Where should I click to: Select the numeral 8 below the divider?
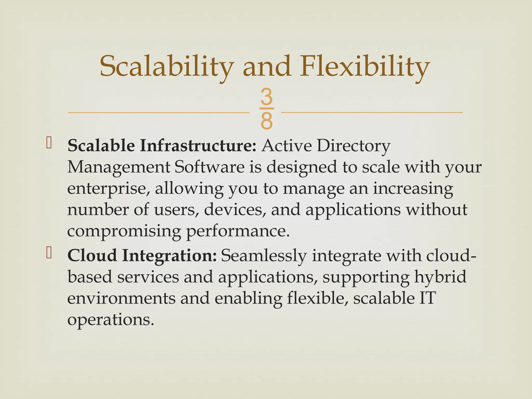(267, 121)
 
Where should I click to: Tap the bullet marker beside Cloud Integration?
(49, 253)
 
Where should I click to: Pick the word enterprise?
(108, 189)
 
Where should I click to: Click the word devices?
(235, 210)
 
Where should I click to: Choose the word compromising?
(124, 231)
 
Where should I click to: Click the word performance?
(237, 231)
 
